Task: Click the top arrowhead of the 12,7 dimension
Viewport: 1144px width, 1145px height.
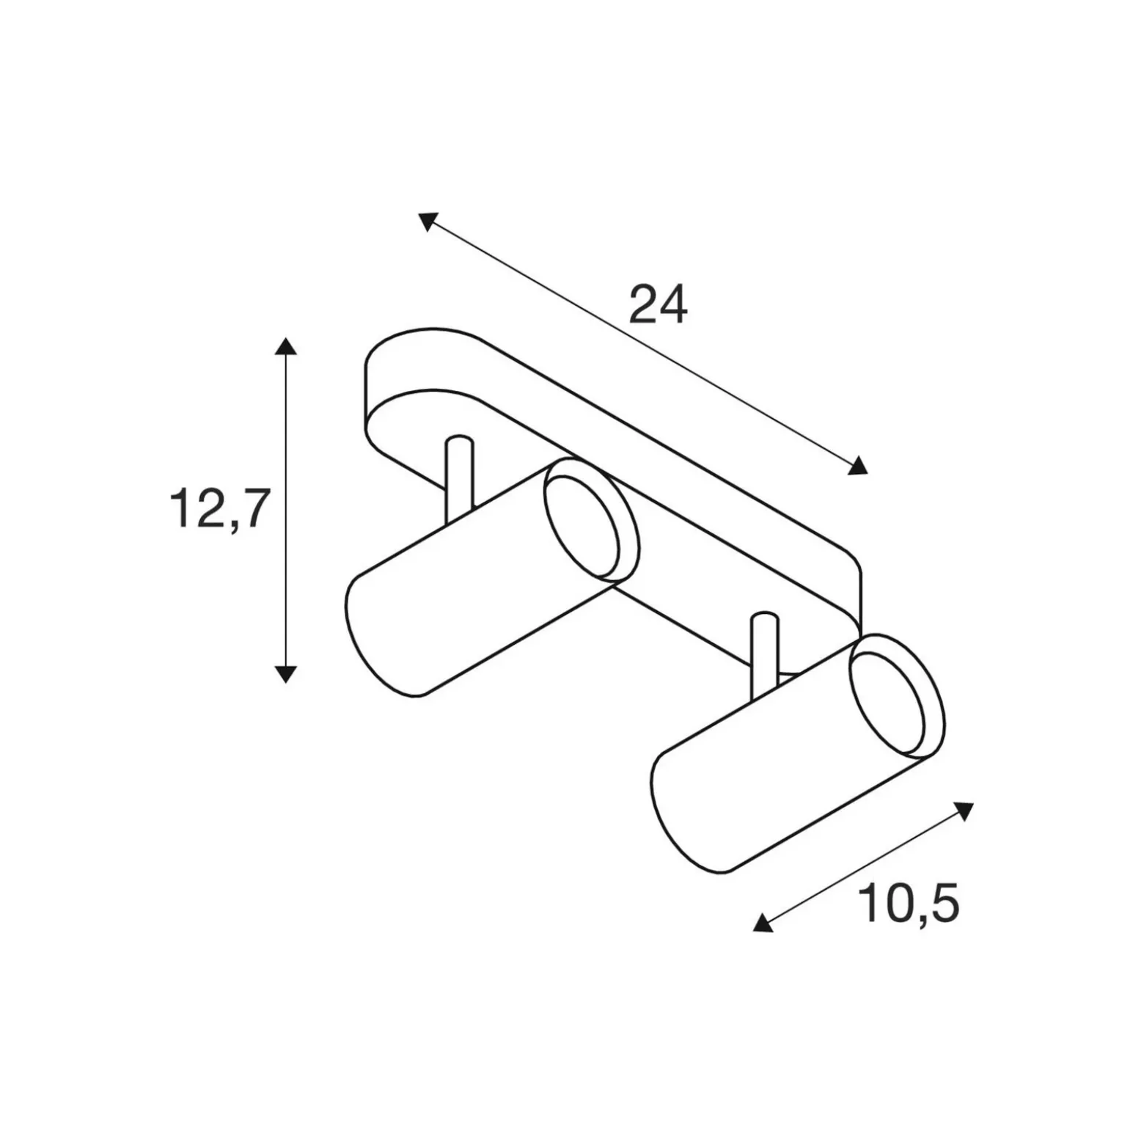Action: coord(285,345)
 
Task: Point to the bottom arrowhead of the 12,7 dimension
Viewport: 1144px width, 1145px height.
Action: coord(285,674)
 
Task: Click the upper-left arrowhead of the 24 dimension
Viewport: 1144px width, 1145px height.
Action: coord(428,221)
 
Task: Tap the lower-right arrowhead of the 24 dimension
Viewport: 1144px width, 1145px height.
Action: coord(857,465)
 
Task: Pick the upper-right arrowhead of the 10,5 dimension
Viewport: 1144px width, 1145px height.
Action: coord(964,811)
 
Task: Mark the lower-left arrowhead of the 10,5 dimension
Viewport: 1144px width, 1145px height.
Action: coord(763,923)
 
